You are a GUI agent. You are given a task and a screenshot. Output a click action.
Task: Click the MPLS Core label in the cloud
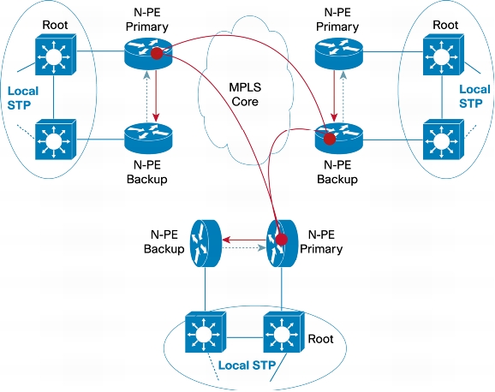(x=245, y=94)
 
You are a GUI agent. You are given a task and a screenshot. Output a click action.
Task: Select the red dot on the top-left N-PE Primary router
(x=157, y=53)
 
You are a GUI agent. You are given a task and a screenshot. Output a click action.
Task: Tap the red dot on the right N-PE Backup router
(x=330, y=139)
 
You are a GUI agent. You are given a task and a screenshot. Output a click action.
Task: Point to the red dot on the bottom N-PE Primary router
(x=281, y=240)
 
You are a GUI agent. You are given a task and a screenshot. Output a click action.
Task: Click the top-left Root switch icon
(x=56, y=54)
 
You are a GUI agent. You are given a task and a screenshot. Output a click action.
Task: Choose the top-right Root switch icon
(x=444, y=54)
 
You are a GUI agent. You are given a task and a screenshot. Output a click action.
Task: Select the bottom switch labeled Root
(x=283, y=332)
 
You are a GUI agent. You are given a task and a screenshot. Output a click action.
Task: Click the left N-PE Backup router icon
(x=148, y=139)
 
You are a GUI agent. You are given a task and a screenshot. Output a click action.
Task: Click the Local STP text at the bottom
(x=247, y=365)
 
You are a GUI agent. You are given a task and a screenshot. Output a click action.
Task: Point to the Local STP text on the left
(x=23, y=98)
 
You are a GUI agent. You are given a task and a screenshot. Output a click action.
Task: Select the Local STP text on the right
(x=474, y=96)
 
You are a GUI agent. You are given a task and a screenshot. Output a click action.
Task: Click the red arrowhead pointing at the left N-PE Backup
(x=156, y=117)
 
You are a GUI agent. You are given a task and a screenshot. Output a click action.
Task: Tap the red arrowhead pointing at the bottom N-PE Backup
(x=226, y=240)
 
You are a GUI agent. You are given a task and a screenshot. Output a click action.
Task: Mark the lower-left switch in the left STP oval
(x=56, y=140)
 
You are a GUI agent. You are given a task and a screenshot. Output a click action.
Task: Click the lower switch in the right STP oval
(x=444, y=140)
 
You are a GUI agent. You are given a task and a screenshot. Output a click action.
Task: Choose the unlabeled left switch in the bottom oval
(x=206, y=332)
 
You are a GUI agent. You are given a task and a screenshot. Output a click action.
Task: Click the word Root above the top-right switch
(x=445, y=25)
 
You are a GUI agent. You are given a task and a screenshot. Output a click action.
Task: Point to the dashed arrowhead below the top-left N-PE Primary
(x=146, y=75)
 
